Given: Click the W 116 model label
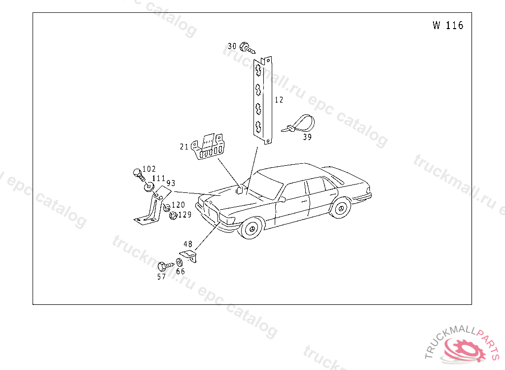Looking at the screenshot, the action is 448,26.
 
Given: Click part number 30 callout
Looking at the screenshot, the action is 232,46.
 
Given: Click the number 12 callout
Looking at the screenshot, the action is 279,100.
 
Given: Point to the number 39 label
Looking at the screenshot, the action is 307,137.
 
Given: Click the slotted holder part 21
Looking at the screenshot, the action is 210,147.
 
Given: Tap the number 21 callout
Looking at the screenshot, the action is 184,146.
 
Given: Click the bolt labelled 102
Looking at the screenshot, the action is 138,173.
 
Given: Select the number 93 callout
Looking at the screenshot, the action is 171,183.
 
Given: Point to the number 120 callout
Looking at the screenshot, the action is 178,205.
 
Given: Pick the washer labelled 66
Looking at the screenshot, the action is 178,262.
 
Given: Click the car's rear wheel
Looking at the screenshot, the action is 340,209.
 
